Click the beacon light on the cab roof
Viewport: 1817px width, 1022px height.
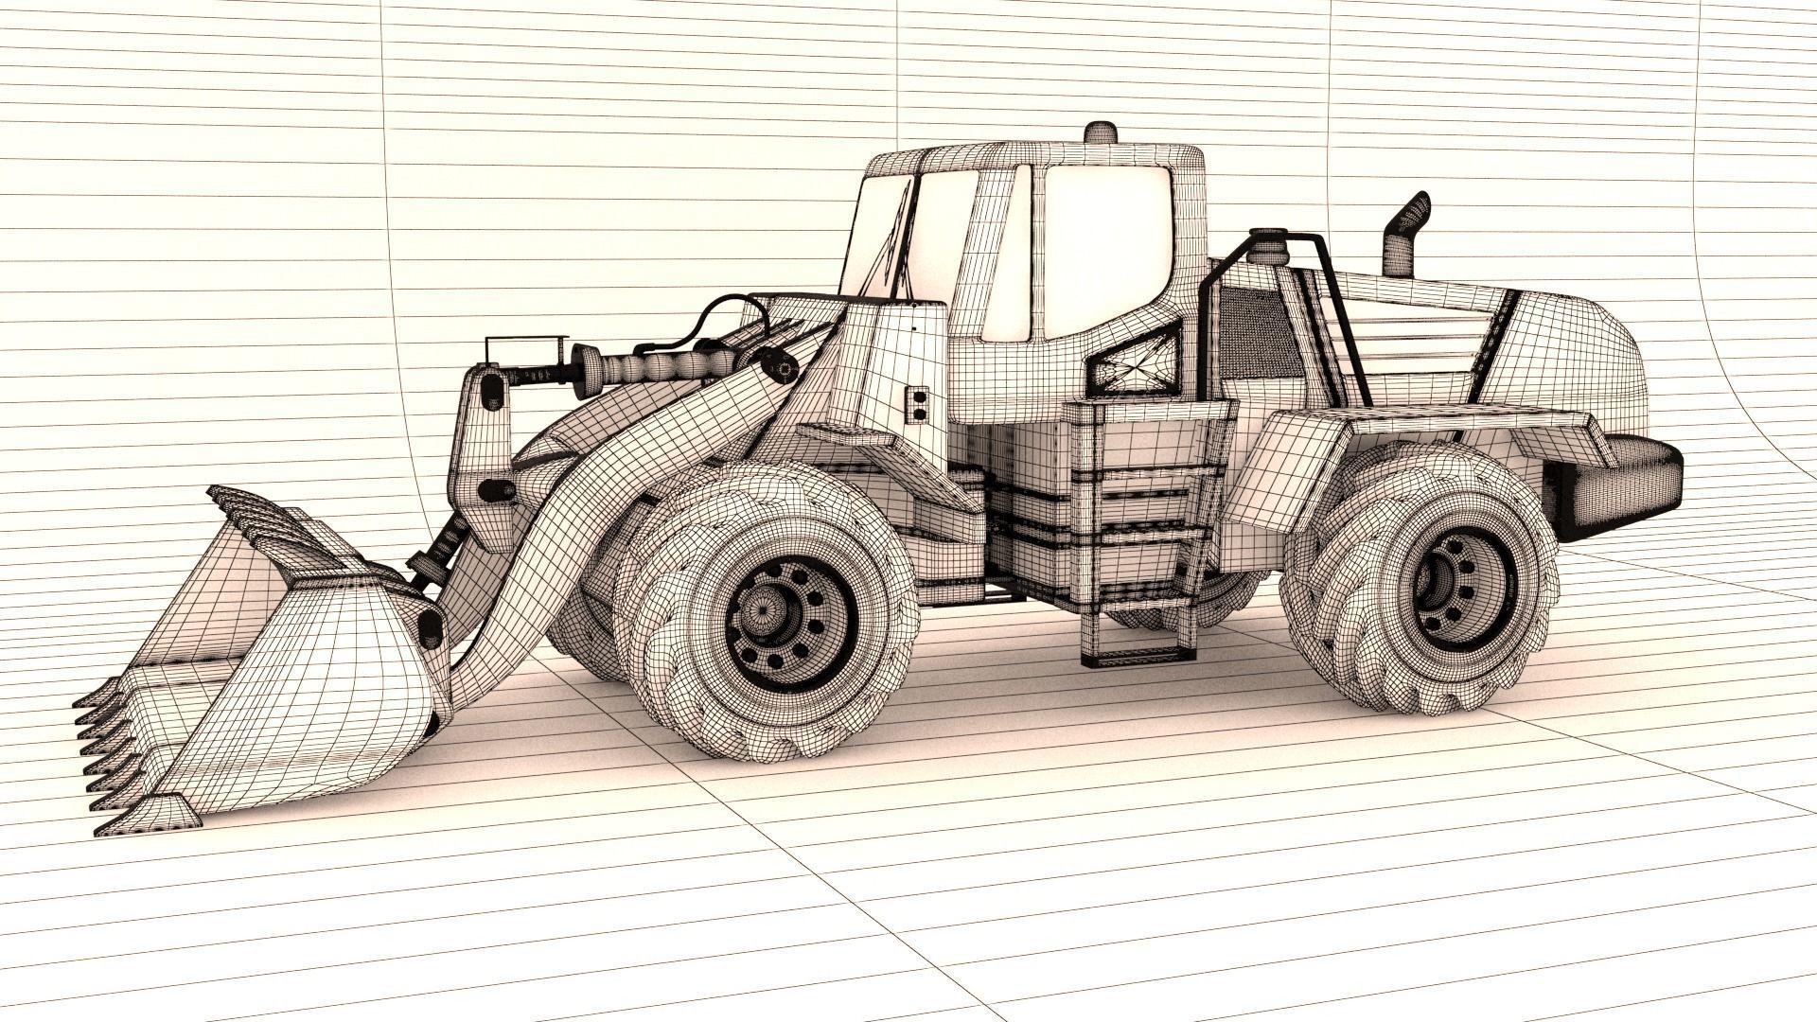tap(1099, 132)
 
